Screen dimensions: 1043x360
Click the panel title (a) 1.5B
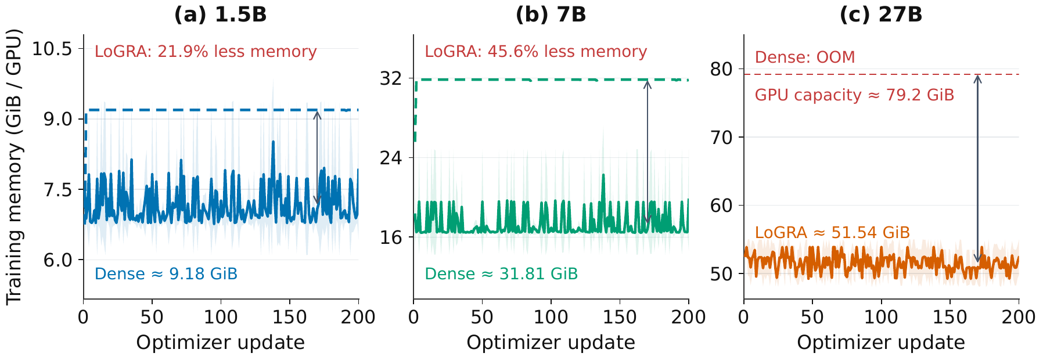tap(221, 15)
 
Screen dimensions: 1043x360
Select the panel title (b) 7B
tap(551, 15)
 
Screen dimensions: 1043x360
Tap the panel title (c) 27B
tap(881, 15)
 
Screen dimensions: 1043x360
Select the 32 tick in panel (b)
tap(392, 78)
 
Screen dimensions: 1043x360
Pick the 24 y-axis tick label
tap(392, 157)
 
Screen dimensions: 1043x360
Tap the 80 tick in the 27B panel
tap(722, 69)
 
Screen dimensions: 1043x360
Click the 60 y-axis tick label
tap(722, 206)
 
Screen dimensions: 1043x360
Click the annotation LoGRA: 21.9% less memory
tap(206, 52)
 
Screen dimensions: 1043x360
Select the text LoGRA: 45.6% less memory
tap(535, 52)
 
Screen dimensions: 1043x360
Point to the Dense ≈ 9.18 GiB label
tap(166, 273)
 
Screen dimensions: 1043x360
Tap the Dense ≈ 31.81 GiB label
tap(501, 273)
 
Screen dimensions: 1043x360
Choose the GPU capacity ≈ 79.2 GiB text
tap(854, 95)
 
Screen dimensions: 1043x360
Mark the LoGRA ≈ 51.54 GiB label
tap(832, 233)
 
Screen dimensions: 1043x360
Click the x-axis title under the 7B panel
tap(551, 343)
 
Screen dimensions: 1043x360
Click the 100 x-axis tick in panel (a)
tap(221, 317)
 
